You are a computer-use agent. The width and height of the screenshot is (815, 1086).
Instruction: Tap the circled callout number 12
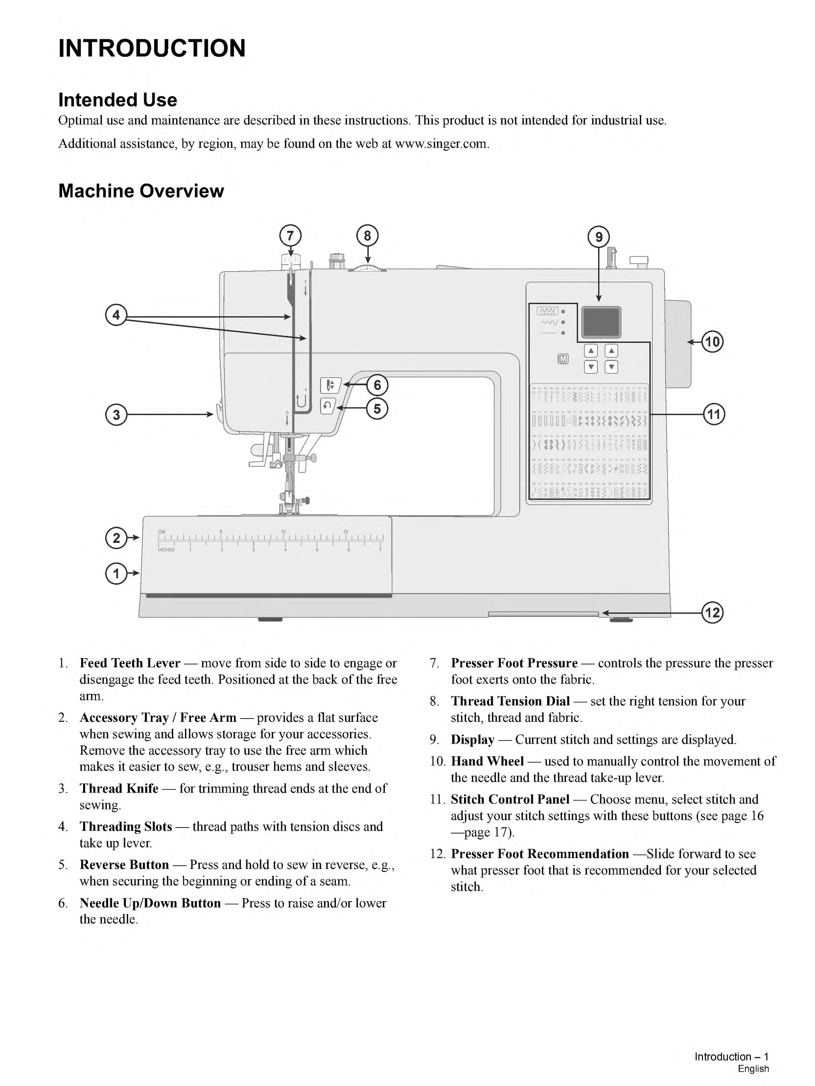pos(712,612)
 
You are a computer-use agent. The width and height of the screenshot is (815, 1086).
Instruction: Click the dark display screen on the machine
pos(601,322)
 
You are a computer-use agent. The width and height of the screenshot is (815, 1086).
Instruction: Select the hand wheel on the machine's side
pos(678,344)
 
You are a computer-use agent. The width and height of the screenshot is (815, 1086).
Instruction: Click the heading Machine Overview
pos(141,191)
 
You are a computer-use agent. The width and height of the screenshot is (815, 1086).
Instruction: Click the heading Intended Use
pos(117,100)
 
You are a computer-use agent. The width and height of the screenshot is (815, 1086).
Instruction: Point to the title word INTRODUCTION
pos(152,48)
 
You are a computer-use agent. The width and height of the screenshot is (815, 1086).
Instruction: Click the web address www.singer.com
pos(442,144)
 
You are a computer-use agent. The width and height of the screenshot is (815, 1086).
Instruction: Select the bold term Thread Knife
pos(119,789)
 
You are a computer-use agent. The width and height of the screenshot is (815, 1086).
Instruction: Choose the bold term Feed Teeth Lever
pos(130,663)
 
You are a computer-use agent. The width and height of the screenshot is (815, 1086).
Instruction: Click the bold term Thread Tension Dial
pos(510,701)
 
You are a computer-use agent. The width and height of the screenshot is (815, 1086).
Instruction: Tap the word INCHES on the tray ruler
pos(166,550)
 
